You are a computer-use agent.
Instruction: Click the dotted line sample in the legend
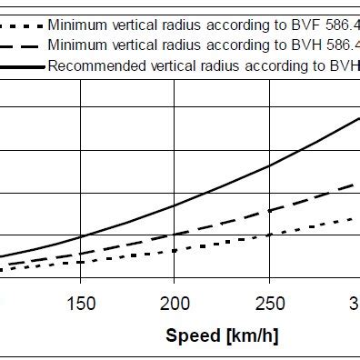click(x=22, y=23)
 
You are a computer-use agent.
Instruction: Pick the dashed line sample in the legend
click(x=22, y=44)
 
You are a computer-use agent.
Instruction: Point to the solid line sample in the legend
click(x=22, y=65)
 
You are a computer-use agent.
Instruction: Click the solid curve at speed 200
click(x=175, y=205)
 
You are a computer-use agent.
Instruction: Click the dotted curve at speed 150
click(x=81, y=262)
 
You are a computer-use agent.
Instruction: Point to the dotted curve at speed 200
click(x=175, y=250)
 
